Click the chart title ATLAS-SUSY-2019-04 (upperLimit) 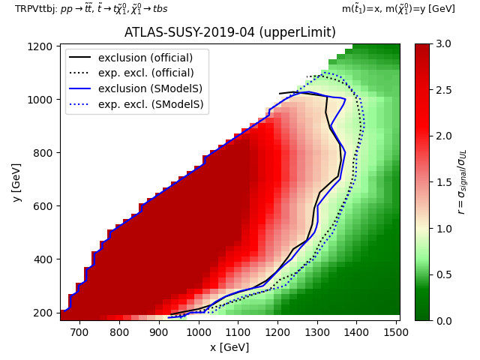click(229, 33)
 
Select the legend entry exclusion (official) click(145, 58)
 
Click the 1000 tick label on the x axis click(198, 332)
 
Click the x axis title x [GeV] click(229, 347)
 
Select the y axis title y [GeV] click(16, 182)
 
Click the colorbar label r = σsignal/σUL click(462, 182)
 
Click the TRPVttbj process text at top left click(91, 9)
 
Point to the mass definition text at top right click(398, 9)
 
